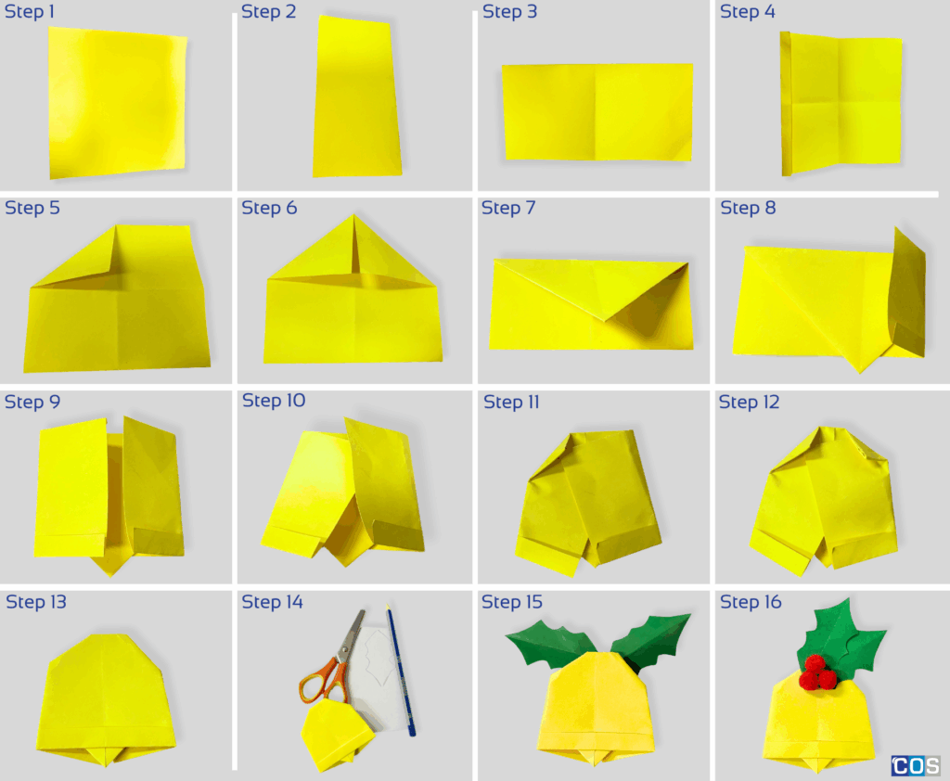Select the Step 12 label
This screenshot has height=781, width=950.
pyautogui.click(x=750, y=402)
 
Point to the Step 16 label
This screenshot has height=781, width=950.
pyautogui.click(x=751, y=602)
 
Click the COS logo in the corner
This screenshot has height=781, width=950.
pyautogui.click(x=916, y=766)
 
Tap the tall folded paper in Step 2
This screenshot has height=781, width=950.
pyautogui.click(x=357, y=97)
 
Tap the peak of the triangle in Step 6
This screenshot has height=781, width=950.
pyautogui.click(x=353, y=217)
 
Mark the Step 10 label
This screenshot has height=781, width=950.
pyautogui.click(x=274, y=401)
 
